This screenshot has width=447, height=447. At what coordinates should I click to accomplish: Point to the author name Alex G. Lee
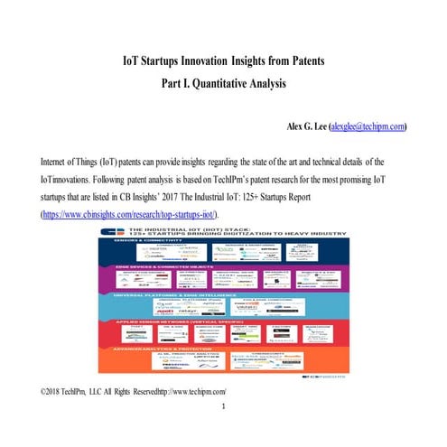click(x=306, y=127)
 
